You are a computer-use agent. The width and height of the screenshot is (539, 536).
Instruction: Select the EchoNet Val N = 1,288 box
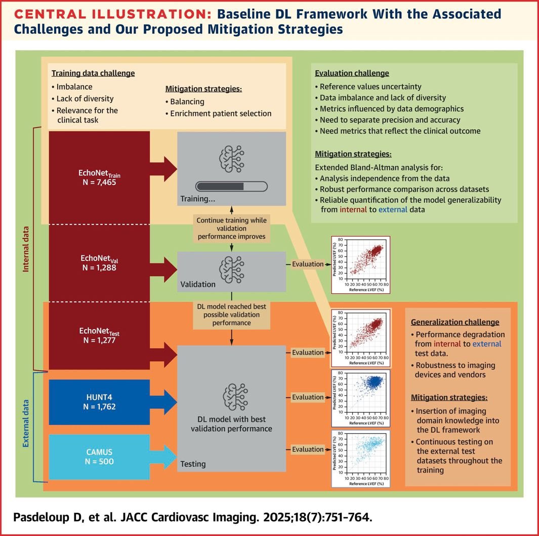(99, 263)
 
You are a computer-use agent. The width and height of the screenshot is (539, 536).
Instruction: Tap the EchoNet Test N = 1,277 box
(99, 335)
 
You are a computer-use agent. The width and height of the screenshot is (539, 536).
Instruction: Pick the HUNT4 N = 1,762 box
(99, 402)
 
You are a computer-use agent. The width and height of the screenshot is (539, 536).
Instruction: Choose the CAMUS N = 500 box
(99, 456)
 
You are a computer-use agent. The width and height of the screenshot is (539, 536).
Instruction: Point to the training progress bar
(231, 186)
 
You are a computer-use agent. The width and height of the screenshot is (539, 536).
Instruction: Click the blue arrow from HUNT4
(164, 403)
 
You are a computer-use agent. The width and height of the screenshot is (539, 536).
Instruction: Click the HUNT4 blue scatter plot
(360, 397)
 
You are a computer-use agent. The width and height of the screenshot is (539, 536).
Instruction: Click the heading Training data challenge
(93, 73)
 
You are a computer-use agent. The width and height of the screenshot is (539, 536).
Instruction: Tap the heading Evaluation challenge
(352, 73)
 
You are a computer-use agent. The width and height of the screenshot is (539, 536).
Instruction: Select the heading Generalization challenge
(455, 322)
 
